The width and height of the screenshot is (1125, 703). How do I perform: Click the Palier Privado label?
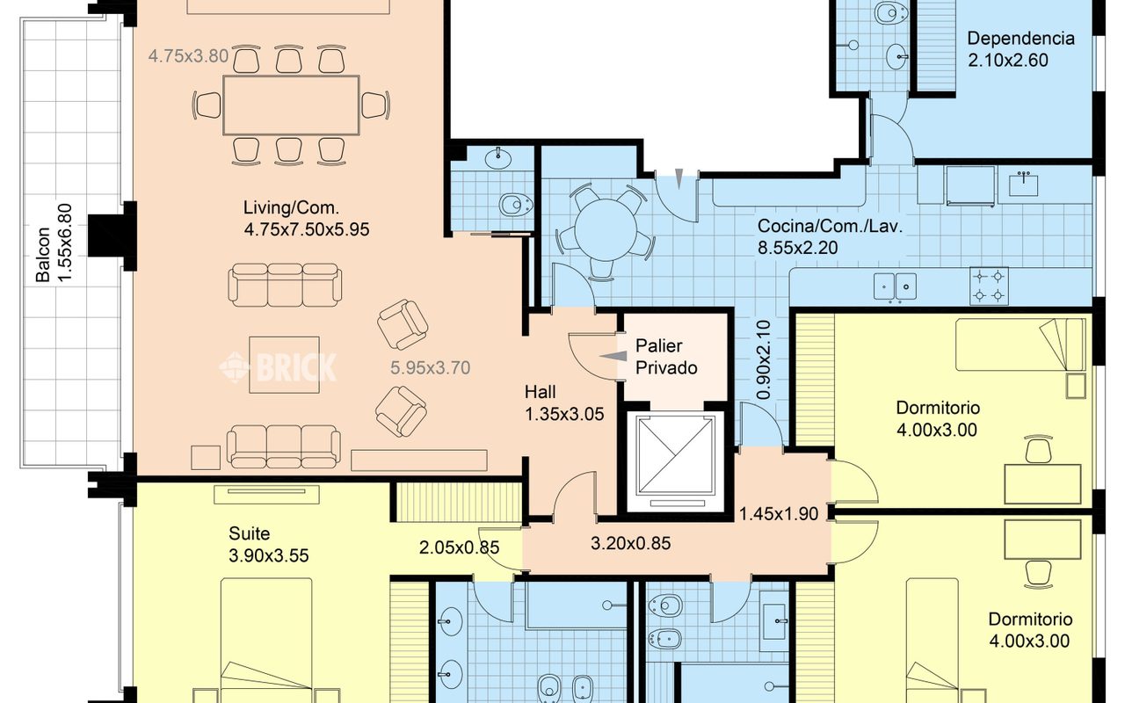click(x=666, y=357)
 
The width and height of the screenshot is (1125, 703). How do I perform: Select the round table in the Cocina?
click(x=606, y=230)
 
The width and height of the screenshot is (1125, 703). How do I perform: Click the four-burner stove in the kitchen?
click(x=989, y=286)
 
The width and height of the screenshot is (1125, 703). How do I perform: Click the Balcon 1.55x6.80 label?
click(x=54, y=243)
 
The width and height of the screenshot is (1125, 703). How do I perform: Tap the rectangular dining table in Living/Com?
click(x=291, y=105)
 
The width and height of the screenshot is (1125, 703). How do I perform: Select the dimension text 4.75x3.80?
click(x=188, y=55)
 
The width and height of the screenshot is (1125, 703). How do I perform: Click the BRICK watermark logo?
click(x=278, y=367)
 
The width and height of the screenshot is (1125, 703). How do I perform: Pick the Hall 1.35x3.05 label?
click(x=564, y=403)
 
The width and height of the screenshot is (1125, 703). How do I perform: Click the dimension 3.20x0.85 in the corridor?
click(x=630, y=543)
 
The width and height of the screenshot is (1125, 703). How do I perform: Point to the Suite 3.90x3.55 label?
click(x=268, y=544)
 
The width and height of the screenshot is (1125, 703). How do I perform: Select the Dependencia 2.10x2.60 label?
click(x=1020, y=49)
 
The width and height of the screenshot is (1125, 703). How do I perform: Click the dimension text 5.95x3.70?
click(x=431, y=368)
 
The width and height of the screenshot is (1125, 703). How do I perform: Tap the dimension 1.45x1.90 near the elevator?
click(x=779, y=514)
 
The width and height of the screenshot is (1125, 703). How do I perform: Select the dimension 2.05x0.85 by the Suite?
click(x=459, y=547)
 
